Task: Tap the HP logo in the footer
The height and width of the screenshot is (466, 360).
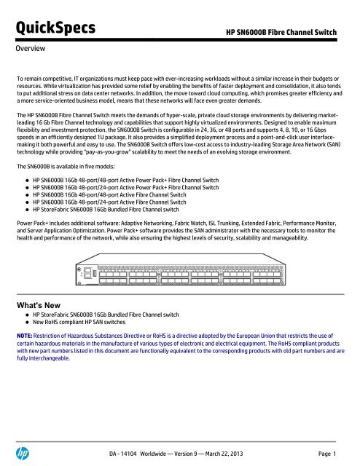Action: coord(23,450)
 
